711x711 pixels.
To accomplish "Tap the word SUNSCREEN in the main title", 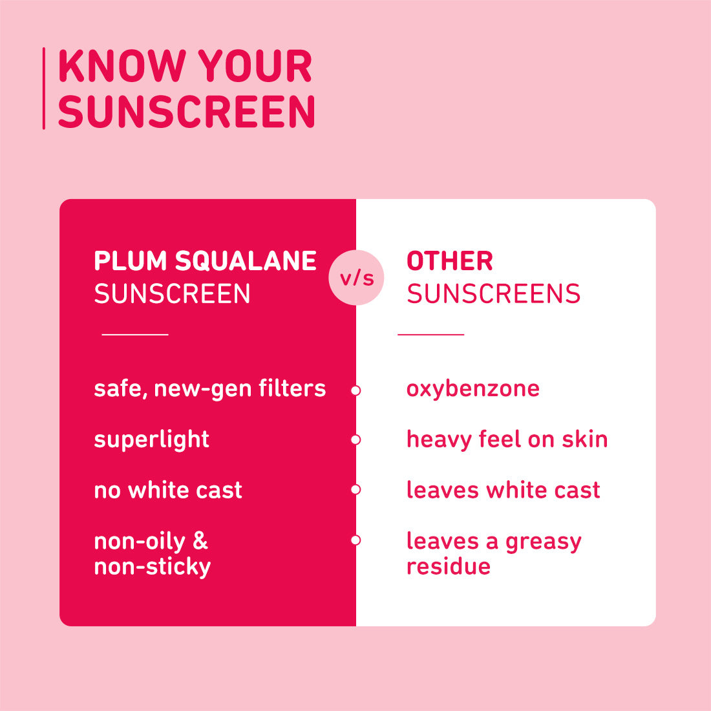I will click(187, 112).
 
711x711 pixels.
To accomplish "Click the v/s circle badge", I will click(356, 278).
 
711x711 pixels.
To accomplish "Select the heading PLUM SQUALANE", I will click(205, 261).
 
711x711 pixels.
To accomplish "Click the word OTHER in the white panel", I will click(450, 261).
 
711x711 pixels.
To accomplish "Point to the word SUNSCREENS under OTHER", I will click(493, 294).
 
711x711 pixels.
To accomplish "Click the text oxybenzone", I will click(472, 388).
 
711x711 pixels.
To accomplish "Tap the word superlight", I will click(151, 440).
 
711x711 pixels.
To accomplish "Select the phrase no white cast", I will click(168, 490).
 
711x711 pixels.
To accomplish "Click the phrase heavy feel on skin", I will click(507, 440).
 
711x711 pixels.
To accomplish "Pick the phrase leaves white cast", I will click(503, 490).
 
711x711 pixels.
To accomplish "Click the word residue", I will click(449, 566).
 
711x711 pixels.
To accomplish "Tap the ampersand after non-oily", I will click(200, 541).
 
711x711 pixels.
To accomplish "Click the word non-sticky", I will click(153, 567).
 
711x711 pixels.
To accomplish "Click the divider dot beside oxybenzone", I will click(355, 390).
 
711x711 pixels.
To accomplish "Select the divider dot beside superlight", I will click(355, 440).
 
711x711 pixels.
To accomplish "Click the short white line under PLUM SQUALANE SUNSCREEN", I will click(135, 334).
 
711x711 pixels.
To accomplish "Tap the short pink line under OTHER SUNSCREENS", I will click(431, 334).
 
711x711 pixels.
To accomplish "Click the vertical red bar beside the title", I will click(44, 89).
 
